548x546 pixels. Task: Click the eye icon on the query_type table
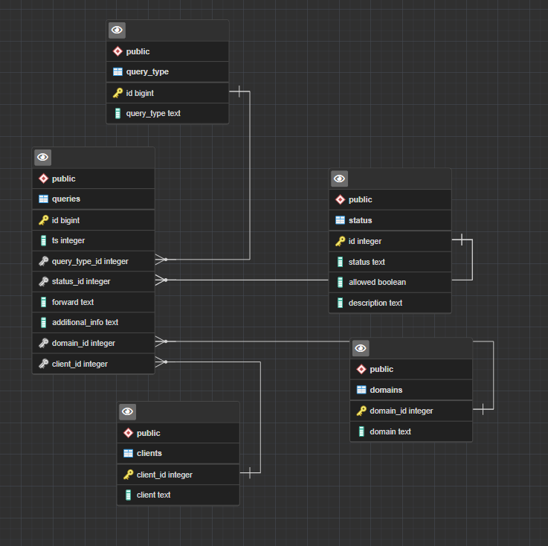tap(117, 30)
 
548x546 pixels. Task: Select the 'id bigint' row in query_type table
tap(167, 93)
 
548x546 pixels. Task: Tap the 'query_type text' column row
tap(167, 113)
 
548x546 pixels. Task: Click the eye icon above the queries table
tap(42, 157)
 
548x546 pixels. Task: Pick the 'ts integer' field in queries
tap(93, 240)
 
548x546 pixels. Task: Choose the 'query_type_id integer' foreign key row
tap(93, 261)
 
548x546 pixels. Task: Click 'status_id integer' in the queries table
tap(93, 281)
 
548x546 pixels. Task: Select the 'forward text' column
tap(93, 302)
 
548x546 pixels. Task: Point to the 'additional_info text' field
tap(93, 322)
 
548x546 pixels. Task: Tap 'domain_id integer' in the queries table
tap(93, 343)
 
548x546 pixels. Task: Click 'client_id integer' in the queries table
tap(93, 364)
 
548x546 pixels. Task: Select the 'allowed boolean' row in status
tap(390, 282)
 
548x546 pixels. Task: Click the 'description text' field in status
tap(390, 303)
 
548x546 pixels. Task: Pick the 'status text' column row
tap(390, 262)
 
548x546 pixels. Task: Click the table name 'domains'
tap(386, 390)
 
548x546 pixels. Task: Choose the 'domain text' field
tap(411, 431)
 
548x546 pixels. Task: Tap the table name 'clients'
tap(149, 453)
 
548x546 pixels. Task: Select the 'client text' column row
tap(178, 495)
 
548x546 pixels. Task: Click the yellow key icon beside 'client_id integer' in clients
tap(128, 475)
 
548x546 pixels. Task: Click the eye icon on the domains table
tap(361, 348)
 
